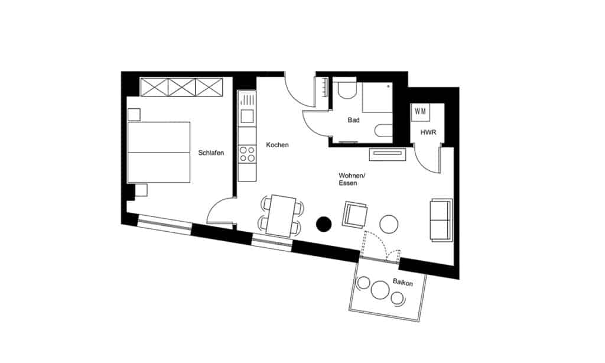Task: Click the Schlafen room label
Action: [x=211, y=153]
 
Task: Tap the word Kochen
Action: [x=277, y=145]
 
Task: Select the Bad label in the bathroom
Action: [x=354, y=120]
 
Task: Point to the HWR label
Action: [x=428, y=132]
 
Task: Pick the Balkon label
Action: [x=402, y=283]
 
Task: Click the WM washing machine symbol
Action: [x=420, y=112]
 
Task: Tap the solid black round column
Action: [x=324, y=223]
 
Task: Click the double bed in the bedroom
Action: [x=159, y=152]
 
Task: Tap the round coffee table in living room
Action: [x=389, y=223]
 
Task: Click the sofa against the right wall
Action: [x=441, y=219]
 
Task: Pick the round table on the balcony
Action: [x=378, y=290]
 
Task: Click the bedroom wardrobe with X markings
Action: [x=181, y=87]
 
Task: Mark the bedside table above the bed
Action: [x=134, y=114]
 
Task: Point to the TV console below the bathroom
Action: [x=387, y=155]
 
